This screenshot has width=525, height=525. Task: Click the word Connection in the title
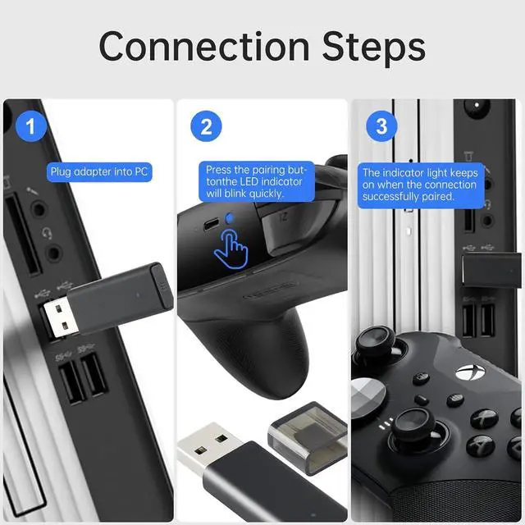coord(204,46)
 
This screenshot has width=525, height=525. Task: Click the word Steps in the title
coord(374,48)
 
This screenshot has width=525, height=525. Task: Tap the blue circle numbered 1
coord(31,126)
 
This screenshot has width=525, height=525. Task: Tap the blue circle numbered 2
coord(206,126)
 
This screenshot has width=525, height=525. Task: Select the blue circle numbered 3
coord(381,126)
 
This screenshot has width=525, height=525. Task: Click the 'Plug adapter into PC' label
coord(99,172)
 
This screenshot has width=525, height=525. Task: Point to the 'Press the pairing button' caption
coord(257,181)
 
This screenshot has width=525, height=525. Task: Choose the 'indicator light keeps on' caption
coord(421,185)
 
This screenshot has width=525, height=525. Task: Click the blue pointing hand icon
coord(231,249)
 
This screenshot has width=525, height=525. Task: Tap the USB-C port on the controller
coord(211,224)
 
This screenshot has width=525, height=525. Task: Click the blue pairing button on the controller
coord(230,218)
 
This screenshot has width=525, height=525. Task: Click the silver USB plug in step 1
coord(60,318)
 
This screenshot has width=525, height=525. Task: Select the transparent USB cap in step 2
coord(308,437)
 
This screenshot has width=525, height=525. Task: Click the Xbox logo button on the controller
coord(470,372)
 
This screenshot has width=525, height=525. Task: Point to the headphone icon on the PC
coord(47,233)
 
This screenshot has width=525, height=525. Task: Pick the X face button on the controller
coord(485,418)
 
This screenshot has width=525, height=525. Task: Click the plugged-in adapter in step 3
coord(491,270)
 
